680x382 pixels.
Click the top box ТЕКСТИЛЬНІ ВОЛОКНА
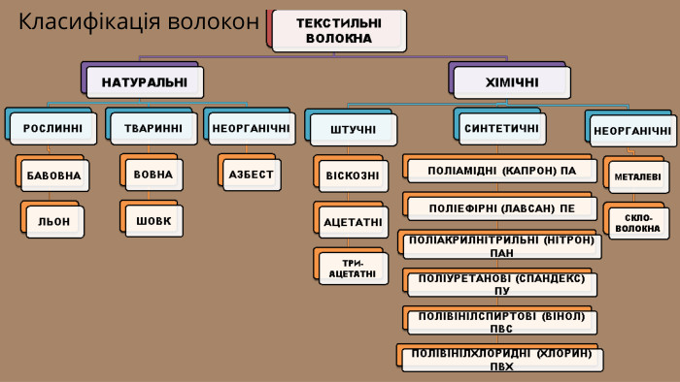(339, 30)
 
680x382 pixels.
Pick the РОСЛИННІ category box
(53, 128)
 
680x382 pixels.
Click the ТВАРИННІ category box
(153, 128)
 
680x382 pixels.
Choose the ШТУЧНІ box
(353, 129)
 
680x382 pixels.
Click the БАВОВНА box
(53, 175)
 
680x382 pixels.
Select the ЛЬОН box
(54, 221)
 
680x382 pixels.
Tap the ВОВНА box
(153, 175)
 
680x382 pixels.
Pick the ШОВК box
(153, 221)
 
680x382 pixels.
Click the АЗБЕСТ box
(251, 175)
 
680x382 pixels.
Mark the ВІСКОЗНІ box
(353, 176)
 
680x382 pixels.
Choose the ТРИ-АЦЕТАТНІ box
(353, 269)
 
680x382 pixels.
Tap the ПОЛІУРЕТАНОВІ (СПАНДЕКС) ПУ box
(501, 284)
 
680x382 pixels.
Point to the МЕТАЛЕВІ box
(637, 176)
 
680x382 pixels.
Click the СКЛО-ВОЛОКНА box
(637, 223)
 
